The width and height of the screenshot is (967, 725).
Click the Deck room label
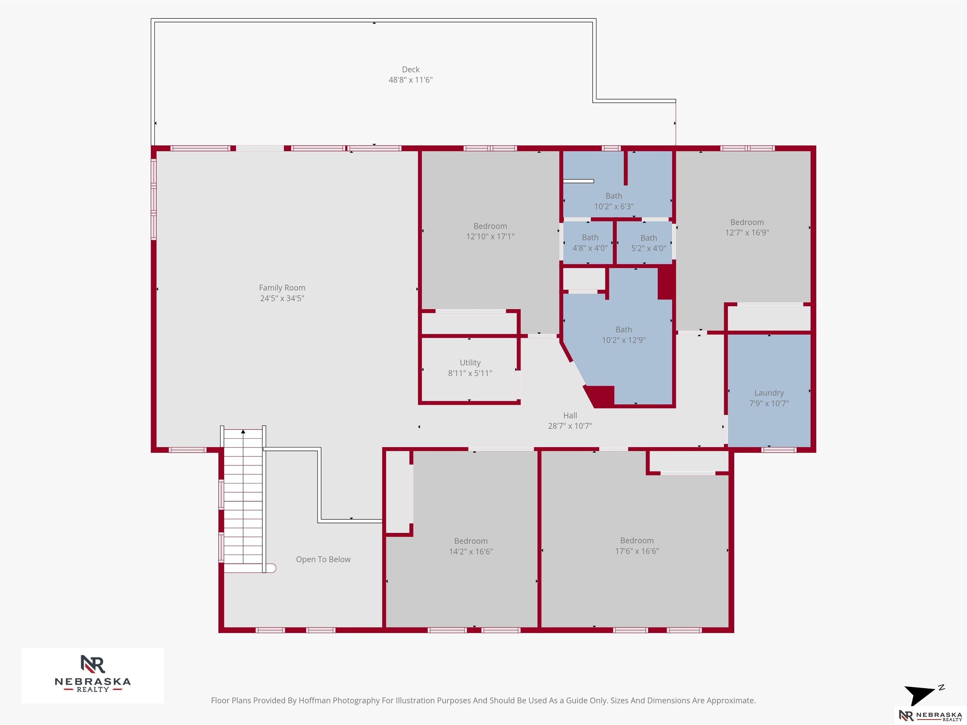[410, 70]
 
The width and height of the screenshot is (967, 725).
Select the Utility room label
[470, 363]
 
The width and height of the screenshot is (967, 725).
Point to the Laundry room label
[769, 393]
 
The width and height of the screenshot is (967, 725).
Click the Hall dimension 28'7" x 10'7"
[570, 426]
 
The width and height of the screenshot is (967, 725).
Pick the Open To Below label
[323, 559]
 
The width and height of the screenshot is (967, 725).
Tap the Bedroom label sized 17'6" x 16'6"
[637, 541]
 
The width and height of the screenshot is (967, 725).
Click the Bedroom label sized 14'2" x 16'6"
[471, 541]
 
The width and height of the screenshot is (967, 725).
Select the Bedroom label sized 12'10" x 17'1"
[490, 226]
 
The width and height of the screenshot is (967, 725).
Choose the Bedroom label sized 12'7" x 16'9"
[747, 222]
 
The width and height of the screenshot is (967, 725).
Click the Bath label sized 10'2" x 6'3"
[614, 196]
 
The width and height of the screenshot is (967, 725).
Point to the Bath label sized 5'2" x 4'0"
[649, 238]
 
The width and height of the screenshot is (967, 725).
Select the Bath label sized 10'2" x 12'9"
[624, 329]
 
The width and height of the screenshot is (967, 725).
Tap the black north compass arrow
[920, 694]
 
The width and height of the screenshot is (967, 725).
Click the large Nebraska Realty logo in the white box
[93, 673]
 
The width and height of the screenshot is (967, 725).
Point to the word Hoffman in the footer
[315, 700]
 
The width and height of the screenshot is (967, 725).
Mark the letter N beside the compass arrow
[941, 688]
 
